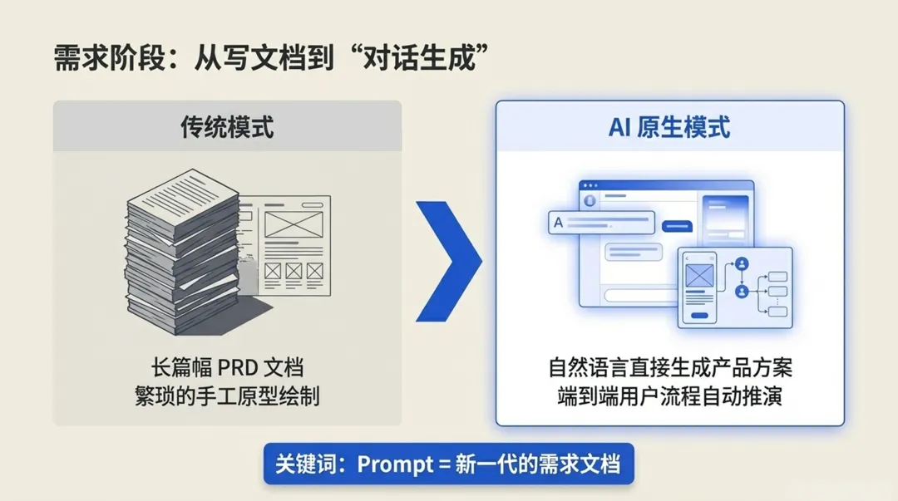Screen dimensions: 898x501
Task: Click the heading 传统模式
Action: tap(227, 127)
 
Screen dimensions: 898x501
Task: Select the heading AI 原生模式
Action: tap(669, 127)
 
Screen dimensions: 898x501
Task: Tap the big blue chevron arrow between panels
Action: tap(450, 261)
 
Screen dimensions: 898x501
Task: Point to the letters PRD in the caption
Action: tap(228, 367)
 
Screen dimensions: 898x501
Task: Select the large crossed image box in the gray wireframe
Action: tap(293, 223)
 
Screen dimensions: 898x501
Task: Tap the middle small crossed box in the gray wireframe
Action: tap(294, 271)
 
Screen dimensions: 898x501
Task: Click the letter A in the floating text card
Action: tap(558, 223)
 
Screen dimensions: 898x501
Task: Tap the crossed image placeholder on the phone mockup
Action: tap(700, 276)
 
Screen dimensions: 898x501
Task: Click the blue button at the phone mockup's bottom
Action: tap(700, 316)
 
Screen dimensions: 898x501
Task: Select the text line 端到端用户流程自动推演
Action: tap(669, 395)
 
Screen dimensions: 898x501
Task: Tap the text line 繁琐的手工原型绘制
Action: tap(227, 395)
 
